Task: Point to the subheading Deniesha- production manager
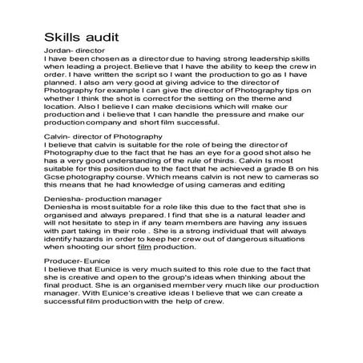tap(103, 197)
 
